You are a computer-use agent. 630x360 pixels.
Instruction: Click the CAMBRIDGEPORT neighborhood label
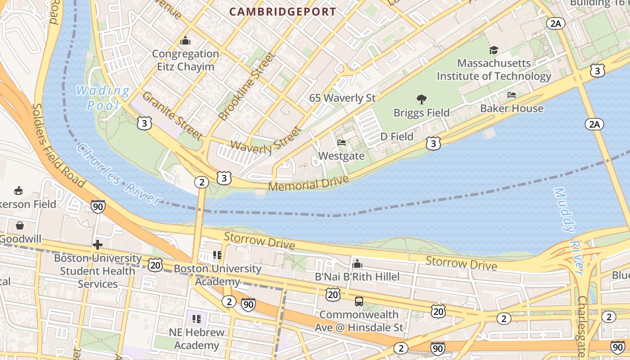283,12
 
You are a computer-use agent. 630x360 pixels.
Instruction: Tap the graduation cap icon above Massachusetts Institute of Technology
494,50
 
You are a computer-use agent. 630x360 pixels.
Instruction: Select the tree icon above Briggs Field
421,99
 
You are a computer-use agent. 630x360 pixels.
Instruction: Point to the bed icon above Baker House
512,95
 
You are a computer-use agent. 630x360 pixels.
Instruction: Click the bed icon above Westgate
342,143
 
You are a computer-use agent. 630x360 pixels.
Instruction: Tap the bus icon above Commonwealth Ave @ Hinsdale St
359,301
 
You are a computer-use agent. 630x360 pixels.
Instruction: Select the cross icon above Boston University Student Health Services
97,245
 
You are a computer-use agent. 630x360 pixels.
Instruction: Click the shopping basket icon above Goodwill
20,225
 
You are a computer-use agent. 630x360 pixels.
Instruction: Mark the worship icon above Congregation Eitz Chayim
185,41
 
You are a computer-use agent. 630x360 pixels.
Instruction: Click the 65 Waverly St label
342,98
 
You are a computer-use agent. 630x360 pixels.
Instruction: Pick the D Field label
396,136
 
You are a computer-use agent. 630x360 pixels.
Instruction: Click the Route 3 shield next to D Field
433,144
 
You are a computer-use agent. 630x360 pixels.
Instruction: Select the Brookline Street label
247,86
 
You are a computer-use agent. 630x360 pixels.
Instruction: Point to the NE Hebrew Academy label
197,339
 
